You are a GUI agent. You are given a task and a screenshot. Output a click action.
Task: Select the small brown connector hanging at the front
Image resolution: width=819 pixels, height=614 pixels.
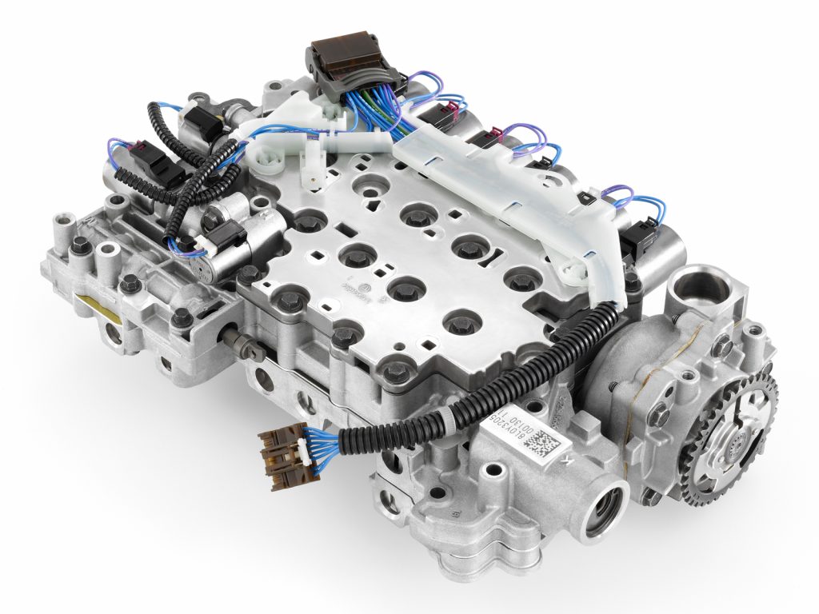point(284,459)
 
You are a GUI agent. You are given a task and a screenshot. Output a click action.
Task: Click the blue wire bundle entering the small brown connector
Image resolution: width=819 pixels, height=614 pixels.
point(320,440)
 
